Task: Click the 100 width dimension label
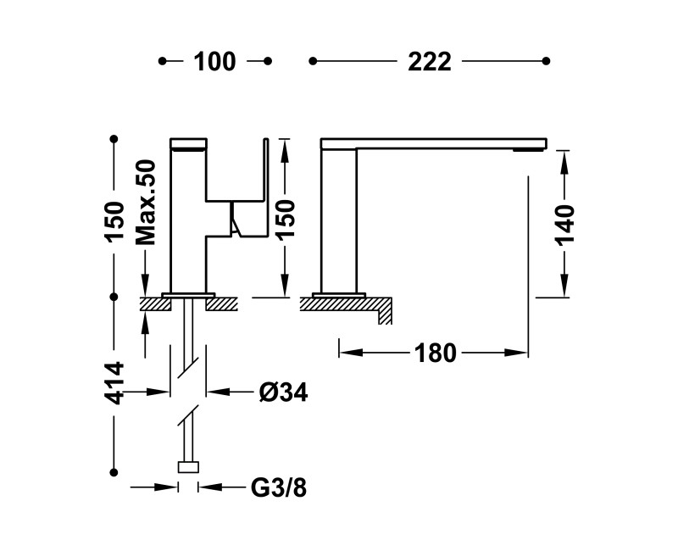[214, 62]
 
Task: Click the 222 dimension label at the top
[430, 62]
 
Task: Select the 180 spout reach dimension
[436, 352]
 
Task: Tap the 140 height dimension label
[565, 224]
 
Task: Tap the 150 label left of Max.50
[115, 222]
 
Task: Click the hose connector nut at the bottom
[188, 466]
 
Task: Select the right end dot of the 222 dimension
[547, 61]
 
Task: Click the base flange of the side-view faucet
[338, 294]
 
